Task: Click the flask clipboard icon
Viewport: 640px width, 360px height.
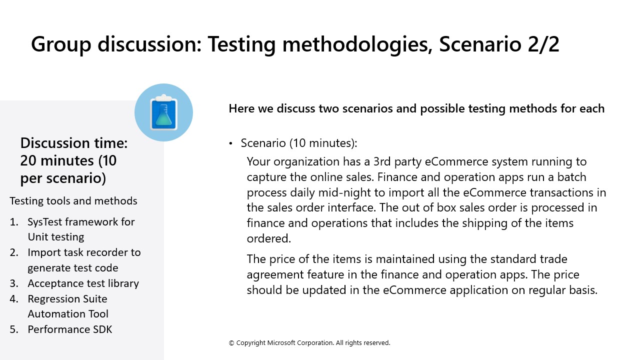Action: coord(163,112)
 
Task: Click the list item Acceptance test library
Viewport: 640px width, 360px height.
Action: coord(83,283)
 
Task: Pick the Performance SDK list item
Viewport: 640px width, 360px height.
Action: coord(69,329)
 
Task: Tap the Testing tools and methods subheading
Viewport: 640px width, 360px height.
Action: coord(73,201)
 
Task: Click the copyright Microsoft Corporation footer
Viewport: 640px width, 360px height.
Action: coord(309,343)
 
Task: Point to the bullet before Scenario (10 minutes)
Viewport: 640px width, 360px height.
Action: coord(231,143)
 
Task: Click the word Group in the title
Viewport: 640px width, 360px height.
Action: coord(61,44)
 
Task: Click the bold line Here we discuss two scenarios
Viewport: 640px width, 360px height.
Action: coord(416,108)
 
